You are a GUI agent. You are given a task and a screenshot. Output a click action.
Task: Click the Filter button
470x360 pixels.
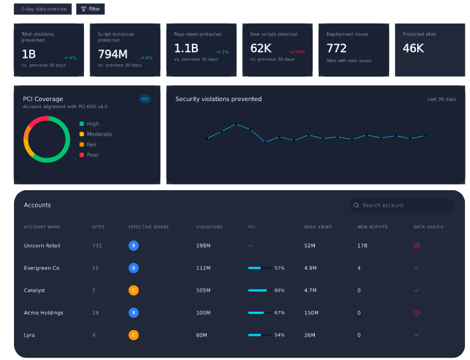click(x=90, y=9)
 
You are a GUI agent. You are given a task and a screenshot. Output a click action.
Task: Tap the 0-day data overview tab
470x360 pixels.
click(x=43, y=9)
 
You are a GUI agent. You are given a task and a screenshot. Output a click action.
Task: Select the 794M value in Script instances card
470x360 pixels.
click(x=113, y=54)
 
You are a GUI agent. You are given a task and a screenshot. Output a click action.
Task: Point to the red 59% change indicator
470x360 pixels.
click(x=297, y=52)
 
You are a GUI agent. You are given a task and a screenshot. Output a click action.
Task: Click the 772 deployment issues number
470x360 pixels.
click(x=336, y=48)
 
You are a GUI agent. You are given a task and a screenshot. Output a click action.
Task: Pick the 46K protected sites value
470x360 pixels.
click(x=413, y=48)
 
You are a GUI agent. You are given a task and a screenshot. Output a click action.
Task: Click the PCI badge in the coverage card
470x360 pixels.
click(x=145, y=99)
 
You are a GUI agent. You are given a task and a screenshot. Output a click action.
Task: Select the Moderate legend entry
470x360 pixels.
click(x=95, y=134)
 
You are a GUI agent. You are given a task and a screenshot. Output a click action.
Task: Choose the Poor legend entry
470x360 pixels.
click(x=89, y=155)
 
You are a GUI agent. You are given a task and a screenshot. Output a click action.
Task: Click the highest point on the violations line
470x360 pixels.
click(x=236, y=124)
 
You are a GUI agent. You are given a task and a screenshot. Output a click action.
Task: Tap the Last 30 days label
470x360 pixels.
click(x=441, y=99)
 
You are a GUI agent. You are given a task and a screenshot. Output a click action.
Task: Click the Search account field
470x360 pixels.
click(x=401, y=205)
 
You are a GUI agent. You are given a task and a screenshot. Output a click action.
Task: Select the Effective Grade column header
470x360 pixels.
click(x=149, y=227)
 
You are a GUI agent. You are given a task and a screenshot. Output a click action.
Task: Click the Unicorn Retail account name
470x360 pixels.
click(x=42, y=246)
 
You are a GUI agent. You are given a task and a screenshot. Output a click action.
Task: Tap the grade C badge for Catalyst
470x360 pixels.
click(x=134, y=290)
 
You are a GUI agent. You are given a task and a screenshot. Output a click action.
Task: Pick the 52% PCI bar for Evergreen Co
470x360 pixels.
click(x=259, y=268)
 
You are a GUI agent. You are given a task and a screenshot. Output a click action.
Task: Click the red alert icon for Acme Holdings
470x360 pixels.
click(x=417, y=313)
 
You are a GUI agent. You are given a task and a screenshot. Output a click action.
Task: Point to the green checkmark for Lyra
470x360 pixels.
click(x=417, y=335)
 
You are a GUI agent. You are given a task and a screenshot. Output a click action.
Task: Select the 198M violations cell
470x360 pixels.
click(x=204, y=246)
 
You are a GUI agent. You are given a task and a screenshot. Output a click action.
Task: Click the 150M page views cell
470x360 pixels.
click(x=311, y=313)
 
